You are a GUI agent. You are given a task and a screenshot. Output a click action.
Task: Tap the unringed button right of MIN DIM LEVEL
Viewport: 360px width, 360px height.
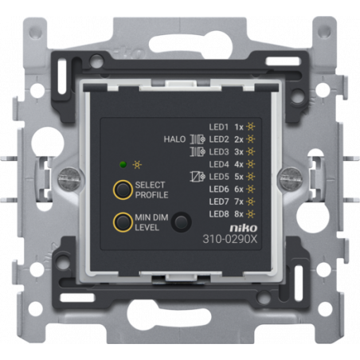click(x=182, y=221)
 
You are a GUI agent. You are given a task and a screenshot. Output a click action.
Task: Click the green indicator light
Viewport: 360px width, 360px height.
click(x=123, y=165)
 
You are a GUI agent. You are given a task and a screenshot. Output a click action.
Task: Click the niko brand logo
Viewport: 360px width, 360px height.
click(x=244, y=228)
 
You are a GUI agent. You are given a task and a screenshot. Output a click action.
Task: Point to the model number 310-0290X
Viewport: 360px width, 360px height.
click(x=230, y=239)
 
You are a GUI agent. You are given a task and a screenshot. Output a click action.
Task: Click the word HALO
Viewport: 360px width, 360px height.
click(x=174, y=139)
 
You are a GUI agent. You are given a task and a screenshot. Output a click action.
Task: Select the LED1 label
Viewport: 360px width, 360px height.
click(x=219, y=127)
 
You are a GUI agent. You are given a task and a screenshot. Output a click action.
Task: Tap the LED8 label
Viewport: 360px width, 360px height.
click(x=219, y=214)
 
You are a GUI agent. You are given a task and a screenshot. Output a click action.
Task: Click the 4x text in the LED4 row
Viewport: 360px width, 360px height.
click(x=239, y=165)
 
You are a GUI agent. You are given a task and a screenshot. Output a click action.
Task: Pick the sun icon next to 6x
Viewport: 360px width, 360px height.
click(x=250, y=189)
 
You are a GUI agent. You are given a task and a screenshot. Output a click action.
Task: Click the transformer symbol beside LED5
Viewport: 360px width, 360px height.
click(x=198, y=177)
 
